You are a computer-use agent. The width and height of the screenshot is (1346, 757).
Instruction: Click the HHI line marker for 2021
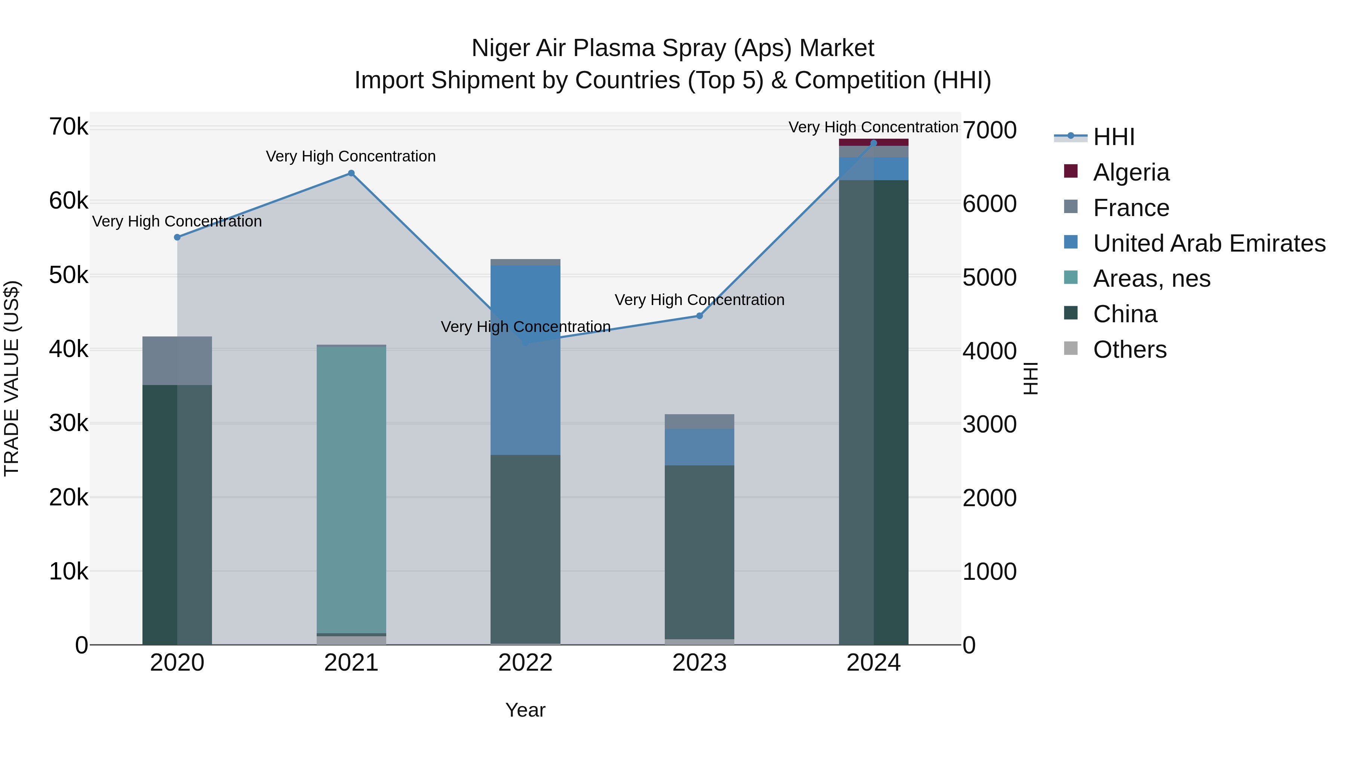pos(351,173)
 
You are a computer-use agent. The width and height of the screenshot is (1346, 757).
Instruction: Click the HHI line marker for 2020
pos(177,237)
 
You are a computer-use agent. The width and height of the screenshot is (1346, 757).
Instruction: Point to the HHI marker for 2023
pos(700,316)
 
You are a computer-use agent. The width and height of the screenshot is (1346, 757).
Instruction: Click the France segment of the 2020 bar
pos(177,360)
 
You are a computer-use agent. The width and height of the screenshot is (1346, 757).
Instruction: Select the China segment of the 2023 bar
pos(699,551)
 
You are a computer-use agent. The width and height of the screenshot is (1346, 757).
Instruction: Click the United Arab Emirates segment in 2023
pos(699,447)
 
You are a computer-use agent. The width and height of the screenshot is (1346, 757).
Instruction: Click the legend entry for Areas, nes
pos(1151,279)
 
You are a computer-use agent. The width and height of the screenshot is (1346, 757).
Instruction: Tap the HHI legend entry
pos(1113,137)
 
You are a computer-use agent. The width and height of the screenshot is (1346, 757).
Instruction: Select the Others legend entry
pos(1129,350)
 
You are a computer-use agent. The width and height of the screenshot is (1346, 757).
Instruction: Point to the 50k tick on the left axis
pos(68,275)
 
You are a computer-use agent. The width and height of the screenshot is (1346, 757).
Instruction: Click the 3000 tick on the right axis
pos(989,424)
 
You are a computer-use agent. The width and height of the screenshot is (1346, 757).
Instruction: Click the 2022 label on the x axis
pos(525,663)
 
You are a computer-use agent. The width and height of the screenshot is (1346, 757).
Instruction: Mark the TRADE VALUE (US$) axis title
pos(12,378)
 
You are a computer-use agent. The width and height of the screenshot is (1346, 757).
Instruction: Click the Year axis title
pos(525,710)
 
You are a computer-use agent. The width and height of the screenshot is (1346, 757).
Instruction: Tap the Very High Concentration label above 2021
pos(351,156)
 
